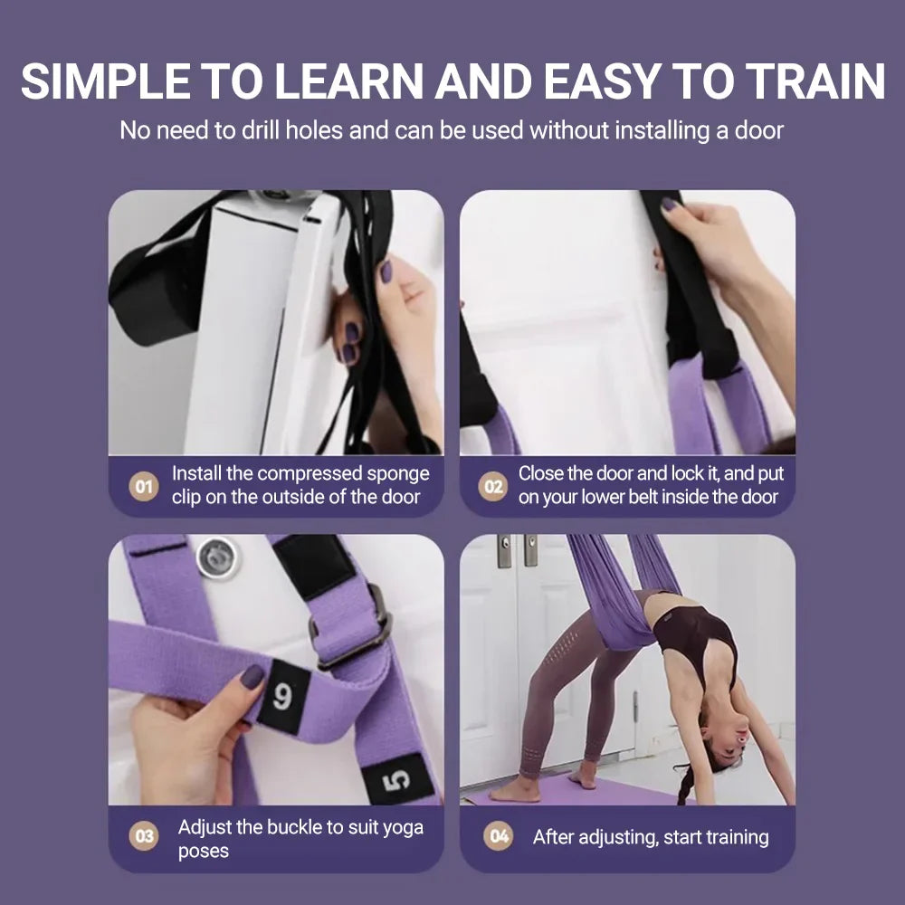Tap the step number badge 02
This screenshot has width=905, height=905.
tap(492, 486)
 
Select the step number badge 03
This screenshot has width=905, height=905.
tap(144, 837)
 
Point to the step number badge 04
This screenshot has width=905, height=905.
tap(500, 837)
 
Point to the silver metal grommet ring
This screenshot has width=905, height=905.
tap(219, 557)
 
